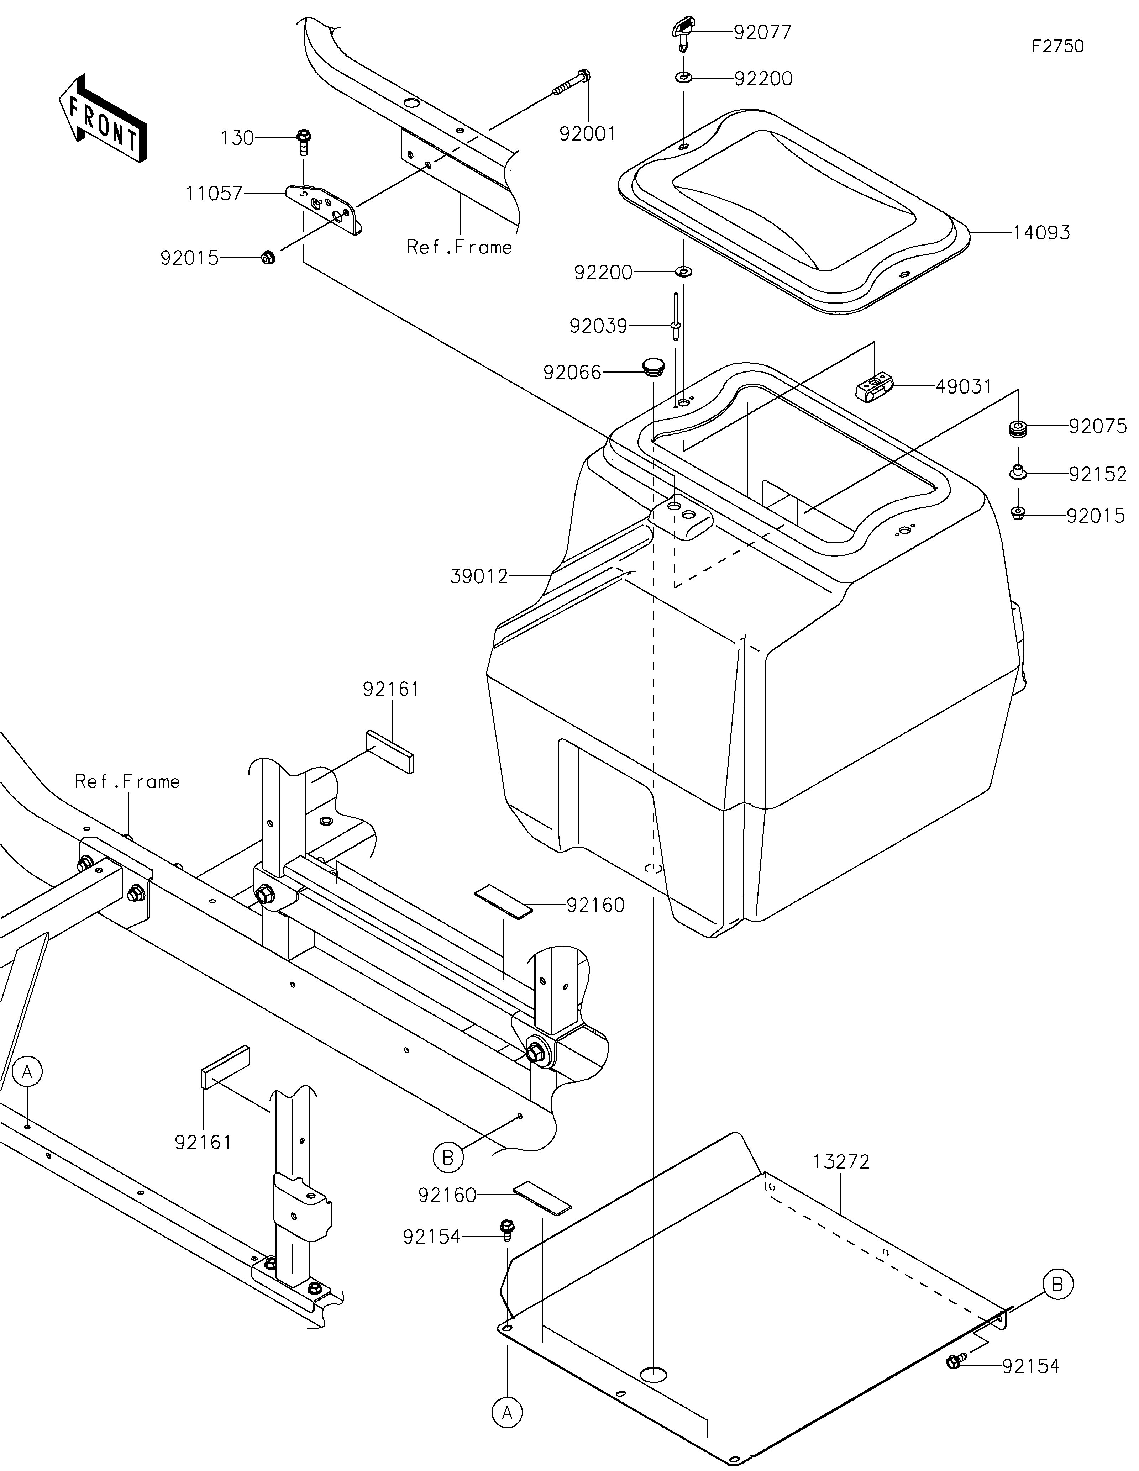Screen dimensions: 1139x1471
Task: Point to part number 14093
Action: pyautogui.click(x=1041, y=233)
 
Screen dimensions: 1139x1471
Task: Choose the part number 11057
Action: pyautogui.click(x=214, y=194)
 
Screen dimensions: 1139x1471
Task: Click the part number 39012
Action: pyautogui.click(x=479, y=576)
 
